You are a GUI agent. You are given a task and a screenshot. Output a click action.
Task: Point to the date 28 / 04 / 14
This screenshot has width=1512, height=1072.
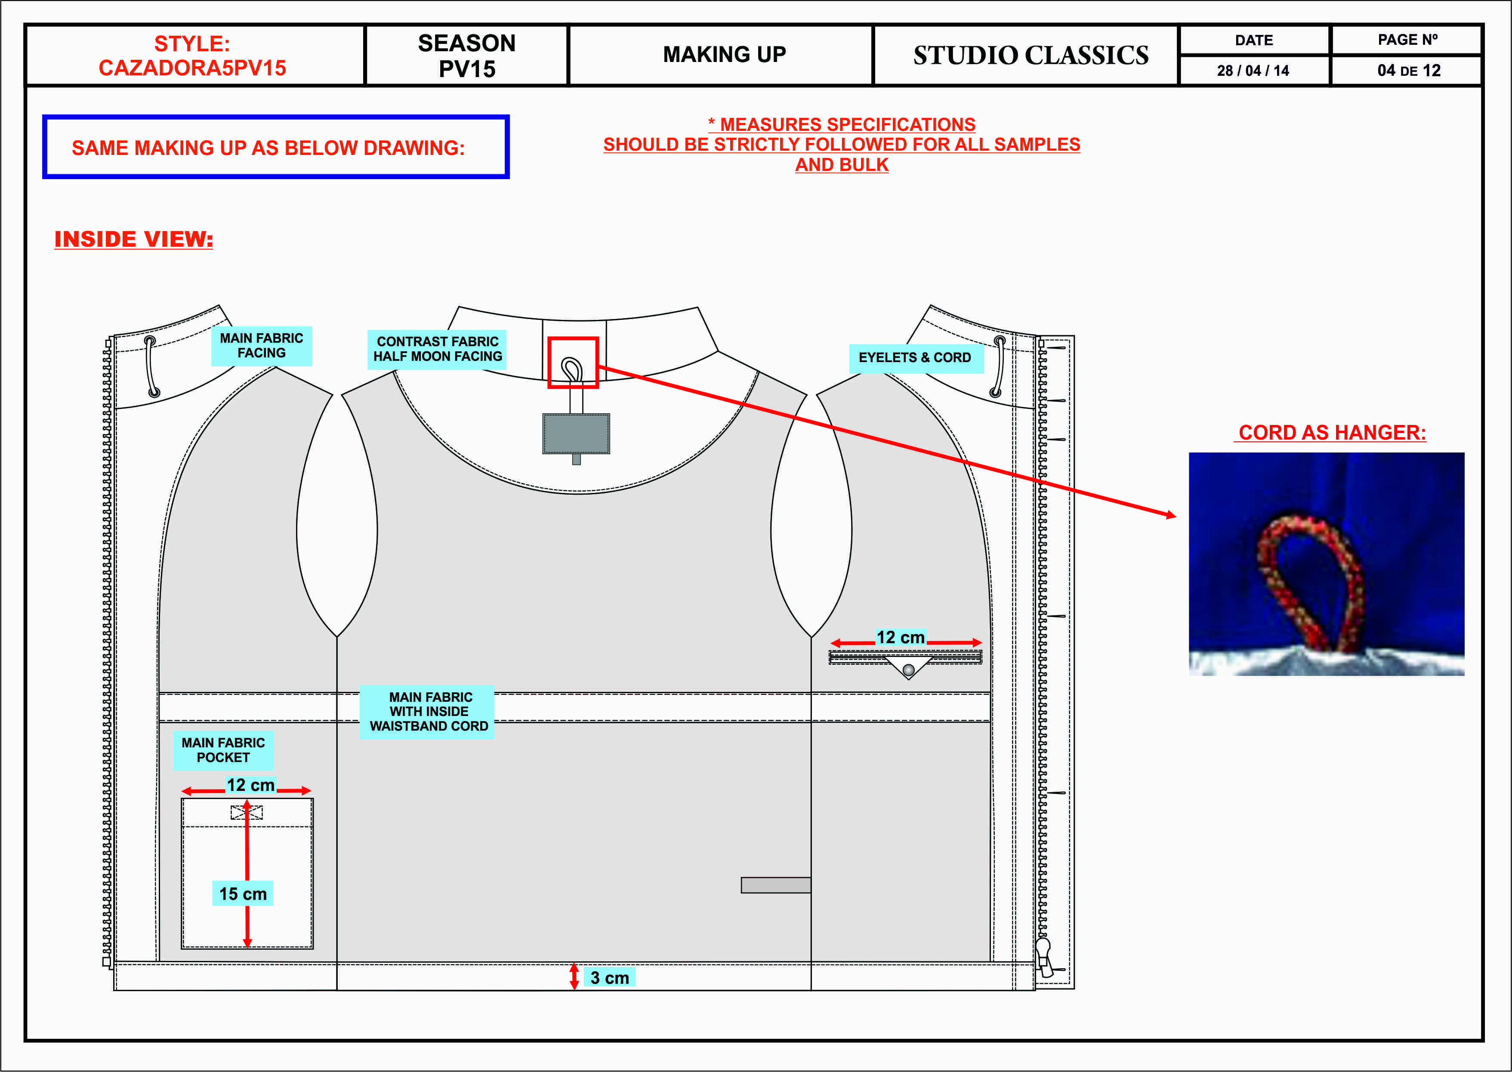[1253, 71]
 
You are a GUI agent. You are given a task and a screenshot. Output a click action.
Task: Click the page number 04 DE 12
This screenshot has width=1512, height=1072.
[1408, 71]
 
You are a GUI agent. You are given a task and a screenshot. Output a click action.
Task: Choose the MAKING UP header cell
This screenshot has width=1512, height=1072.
[724, 55]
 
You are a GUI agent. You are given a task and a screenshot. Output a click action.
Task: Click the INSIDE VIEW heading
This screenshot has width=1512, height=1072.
[133, 239]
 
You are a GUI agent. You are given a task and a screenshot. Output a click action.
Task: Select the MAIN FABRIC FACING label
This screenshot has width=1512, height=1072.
[261, 346]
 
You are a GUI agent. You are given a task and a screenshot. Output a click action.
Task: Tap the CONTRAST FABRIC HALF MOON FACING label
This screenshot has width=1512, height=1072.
[437, 349]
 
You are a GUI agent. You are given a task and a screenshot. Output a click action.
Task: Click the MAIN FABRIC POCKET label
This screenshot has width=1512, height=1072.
[223, 750]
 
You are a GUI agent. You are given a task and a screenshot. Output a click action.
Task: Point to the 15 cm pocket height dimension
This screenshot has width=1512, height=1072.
[243, 894]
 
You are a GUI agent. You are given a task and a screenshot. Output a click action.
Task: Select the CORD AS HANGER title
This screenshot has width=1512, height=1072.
[1331, 432]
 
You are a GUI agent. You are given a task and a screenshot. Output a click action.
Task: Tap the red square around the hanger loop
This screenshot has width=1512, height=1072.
[573, 362]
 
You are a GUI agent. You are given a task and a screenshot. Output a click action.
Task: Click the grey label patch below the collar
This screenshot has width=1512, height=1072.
[576, 434]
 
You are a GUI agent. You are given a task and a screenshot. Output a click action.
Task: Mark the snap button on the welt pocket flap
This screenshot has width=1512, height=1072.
[908, 670]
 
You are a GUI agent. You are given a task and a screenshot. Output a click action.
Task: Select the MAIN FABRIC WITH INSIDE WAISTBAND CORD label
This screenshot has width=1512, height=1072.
[429, 712]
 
